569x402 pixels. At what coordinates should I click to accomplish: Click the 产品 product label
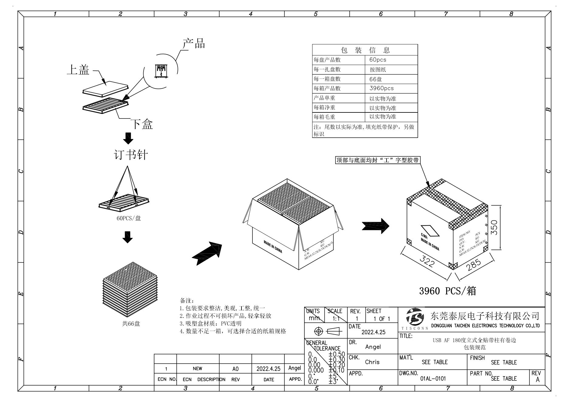coord(194,44)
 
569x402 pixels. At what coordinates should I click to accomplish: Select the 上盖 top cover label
coord(78,70)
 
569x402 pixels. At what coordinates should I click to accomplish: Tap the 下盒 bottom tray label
coord(141,124)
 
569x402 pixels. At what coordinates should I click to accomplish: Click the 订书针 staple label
coord(131,155)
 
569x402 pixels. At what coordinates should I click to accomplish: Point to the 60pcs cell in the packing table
coord(378,60)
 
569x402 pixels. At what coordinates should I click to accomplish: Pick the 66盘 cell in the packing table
coord(376,79)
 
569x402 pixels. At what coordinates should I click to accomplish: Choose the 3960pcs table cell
coord(381,88)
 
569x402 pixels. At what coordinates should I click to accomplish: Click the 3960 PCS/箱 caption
coord(448,291)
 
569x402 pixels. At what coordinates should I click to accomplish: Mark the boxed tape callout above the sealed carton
coord(377,160)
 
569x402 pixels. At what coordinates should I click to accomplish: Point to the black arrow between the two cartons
coord(376,226)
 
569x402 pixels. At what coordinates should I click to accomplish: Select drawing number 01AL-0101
coord(433,379)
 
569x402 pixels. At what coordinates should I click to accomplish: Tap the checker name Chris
coord(372,362)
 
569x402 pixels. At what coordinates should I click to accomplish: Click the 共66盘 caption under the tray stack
coord(131,324)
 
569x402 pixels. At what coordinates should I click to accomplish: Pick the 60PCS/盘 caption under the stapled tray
coord(129,218)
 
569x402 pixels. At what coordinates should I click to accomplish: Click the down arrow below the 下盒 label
coord(128,138)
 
